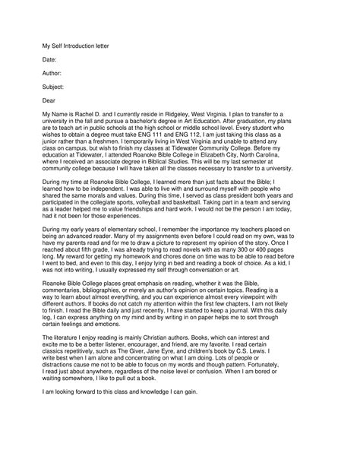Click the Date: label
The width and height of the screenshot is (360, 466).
pos(49,59)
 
